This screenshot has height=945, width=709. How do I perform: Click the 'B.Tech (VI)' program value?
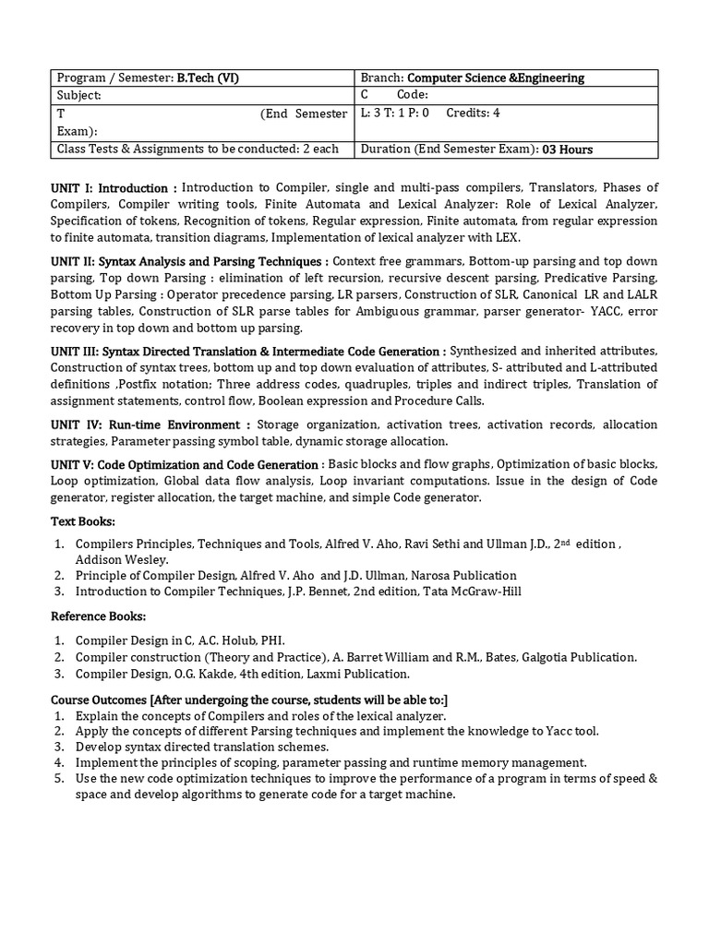tap(208, 78)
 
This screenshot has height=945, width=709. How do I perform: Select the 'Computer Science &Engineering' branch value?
tap(496, 78)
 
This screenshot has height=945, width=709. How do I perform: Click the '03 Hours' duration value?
tap(568, 150)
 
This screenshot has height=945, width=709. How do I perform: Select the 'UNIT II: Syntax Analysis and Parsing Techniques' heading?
tap(189, 261)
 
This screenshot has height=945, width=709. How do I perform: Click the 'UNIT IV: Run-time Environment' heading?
tap(150, 425)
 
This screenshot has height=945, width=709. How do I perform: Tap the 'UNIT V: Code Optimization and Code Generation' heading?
tap(186, 464)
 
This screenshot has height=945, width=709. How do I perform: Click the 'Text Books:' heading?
tap(83, 522)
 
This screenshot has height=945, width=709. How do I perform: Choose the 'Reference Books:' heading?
tap(99, 616)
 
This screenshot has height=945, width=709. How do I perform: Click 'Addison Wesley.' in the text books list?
tap(122, 559)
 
